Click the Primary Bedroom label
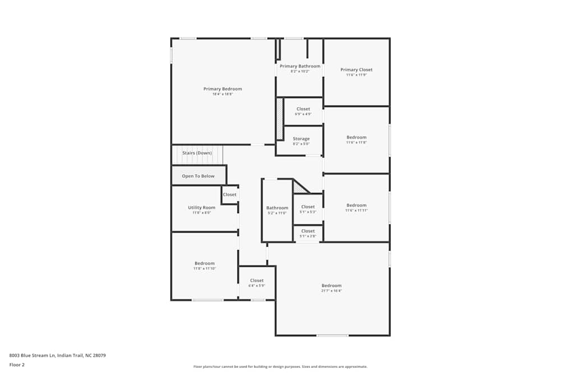click(x=223, y=89)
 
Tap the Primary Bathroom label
click(x=300, y=66)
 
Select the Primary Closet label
click(x=356, y=70)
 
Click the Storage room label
click(x=301, y=139)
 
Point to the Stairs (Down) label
click(x=197, y=153)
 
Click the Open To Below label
click(x=198, y=176)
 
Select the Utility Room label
click(x=201, y=207)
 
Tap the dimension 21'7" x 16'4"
click(x=331, y=290)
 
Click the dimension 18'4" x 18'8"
click(x=223, y=94)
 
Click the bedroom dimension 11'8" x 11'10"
click(x=204, y=269)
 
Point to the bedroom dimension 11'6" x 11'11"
click(x=356, y=210)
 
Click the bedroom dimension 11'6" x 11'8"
click(x=356, y=142)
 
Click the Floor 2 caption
click(x=17, y=364)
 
